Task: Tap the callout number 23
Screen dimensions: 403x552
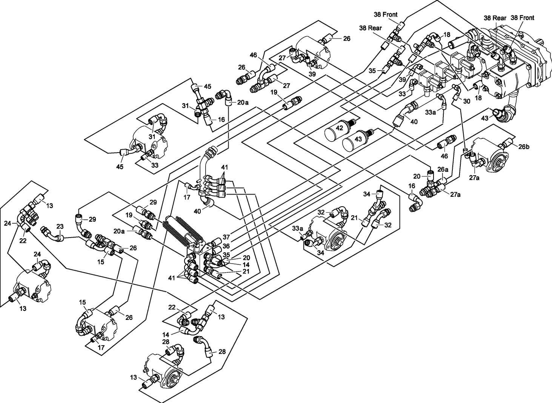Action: pyautogui.click(x=60, y=227)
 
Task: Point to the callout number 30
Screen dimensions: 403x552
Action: pyautogui.click(x=466, y=101)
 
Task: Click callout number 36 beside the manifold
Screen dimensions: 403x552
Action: pyautogui.click(x=226, y=246)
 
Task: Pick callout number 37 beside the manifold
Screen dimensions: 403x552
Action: pyautogui.click(x=226, y=237)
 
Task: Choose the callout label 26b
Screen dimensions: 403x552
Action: pyautogui.click(x=524, y=147)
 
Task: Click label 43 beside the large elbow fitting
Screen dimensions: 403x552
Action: pyautogui.click(x=485, y=118)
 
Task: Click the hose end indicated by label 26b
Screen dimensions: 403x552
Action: pyautogui.click(x=507, y=144)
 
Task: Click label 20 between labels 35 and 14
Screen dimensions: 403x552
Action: pyautogui.click(x=236, y=257)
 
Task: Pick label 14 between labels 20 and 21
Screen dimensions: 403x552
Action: pyautogui.click(x=236, y=264)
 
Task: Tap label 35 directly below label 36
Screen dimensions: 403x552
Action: pyautogui.click(x=226, y=255)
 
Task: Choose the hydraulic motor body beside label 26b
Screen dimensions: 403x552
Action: pyautogui.click(x=487, y=155)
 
